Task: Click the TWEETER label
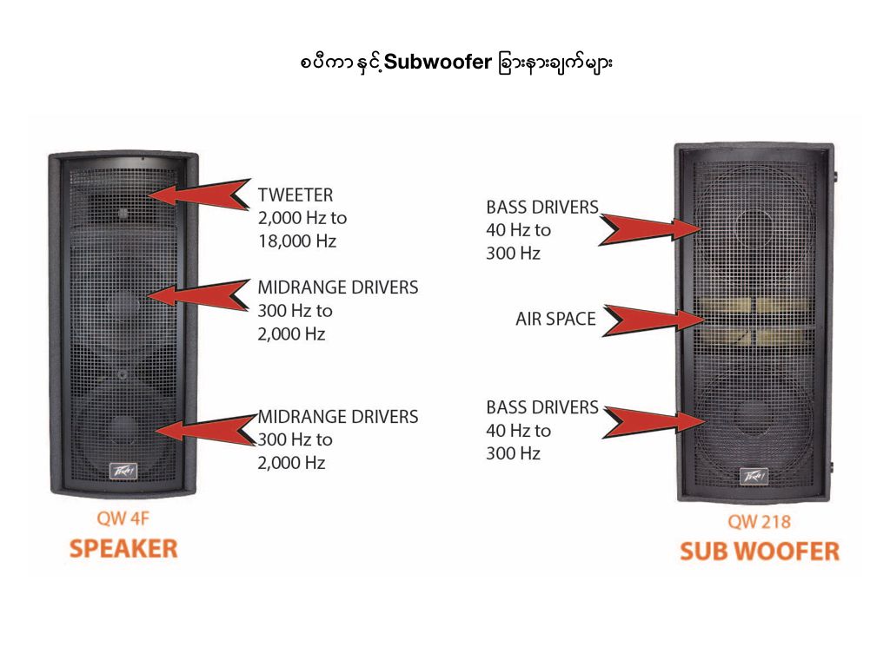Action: click(295, 195)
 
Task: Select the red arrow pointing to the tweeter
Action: click(205, 194)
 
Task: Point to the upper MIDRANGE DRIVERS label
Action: click(337, 287)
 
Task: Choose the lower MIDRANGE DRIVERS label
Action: click(337, 417)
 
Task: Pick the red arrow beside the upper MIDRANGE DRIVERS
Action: click(205, 294)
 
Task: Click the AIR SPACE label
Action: click(555, 320)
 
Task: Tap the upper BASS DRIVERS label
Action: click(542, 208)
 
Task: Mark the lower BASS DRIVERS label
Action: click(542, 407)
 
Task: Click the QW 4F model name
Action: click(123, 521)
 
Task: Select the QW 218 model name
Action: click(759, 523)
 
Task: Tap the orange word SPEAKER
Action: click(123, 549)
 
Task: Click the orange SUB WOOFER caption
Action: click(759, 551)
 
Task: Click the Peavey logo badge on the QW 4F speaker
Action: click(123, 470)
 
